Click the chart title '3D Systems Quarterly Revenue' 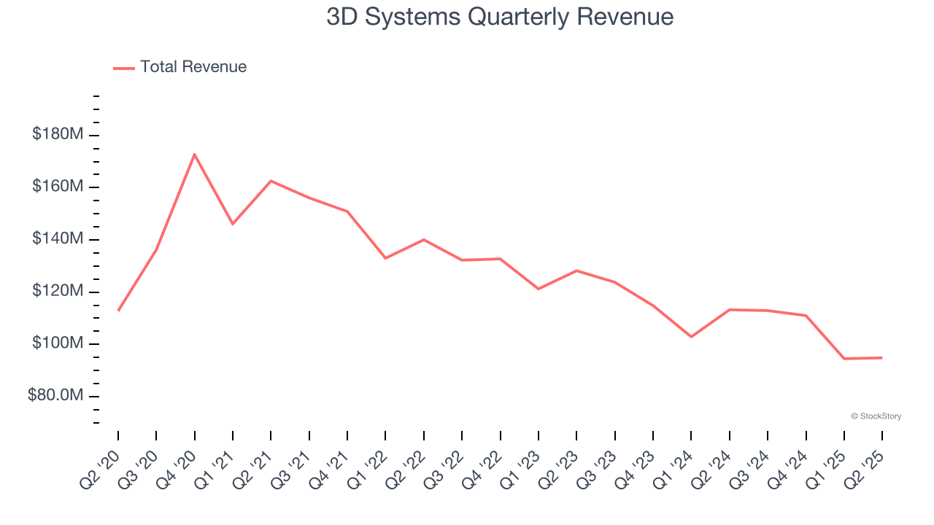(x=500, y=17)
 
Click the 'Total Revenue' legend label (x=193, y=67)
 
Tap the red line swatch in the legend (x=124, y=68)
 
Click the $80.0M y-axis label (x=55, y=396)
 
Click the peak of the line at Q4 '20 (x=194, y=154)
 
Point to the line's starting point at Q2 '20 (x=118, y=311)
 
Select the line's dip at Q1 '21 (x=233, y=224)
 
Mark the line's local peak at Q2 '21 (x=271, y=181)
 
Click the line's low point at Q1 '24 (x=691, y=337)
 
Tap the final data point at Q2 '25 (x=882, y=358)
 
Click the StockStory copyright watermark (x=876, y=416)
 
